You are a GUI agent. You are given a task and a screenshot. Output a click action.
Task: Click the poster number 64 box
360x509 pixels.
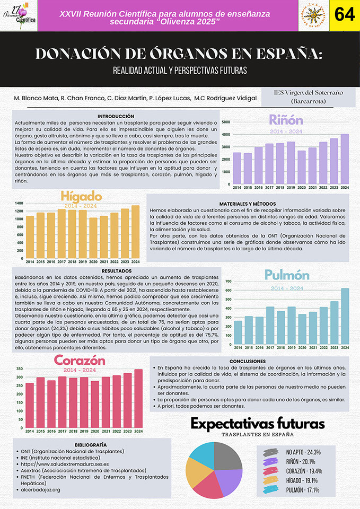[x=344, y=15]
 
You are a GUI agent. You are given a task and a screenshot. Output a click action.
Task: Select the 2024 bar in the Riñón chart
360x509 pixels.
[x=345, y=159]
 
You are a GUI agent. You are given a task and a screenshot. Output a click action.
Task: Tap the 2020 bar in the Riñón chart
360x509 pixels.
[x=301, y=167]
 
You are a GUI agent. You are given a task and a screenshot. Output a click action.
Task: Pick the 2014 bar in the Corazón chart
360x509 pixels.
[x=30, y=405]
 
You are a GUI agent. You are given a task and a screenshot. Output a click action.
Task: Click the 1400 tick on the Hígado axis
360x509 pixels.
[x=20, y=203]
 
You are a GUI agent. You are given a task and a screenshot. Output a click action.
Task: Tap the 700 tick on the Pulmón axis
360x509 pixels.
[x=229, y=281]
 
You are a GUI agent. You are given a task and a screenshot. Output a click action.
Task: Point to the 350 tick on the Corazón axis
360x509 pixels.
[x=19, y=368]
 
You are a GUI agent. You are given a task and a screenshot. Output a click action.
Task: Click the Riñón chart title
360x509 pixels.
[x=286, y=119]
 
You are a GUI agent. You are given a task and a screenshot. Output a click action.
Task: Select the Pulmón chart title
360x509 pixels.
[x=287, y=275]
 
